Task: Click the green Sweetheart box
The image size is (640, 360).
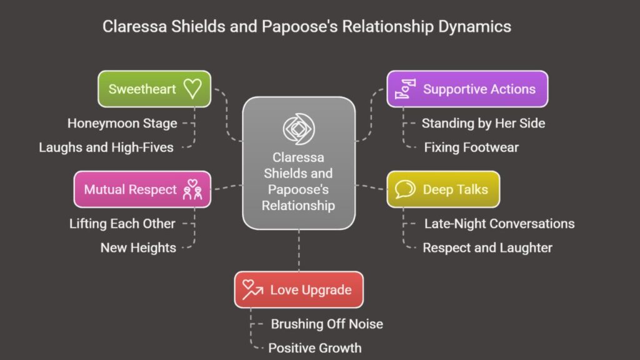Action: click(154, 89)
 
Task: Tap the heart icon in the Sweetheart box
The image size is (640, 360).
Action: click(192, 89)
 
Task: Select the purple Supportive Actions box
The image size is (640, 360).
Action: click(467, 89)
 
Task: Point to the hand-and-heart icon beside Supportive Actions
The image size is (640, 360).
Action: click(405, 89)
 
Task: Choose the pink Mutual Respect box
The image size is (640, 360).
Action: click(142, 189)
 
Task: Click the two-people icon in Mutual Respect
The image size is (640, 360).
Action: click(192, 189)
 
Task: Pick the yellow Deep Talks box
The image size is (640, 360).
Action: click(443, 189)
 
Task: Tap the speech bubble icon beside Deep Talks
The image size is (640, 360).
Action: click(405, 189)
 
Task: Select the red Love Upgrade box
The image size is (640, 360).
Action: click(299, 290)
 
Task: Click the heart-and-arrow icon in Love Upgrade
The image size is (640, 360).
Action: click(252, 290)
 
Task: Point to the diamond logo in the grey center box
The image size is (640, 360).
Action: click(299, 129)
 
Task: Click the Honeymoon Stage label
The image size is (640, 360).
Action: click(122, 123)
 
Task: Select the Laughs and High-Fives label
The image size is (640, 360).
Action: click(106, 147)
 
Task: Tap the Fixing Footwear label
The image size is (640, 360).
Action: click(471, 147)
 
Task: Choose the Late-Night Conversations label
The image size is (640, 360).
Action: click(499, 224)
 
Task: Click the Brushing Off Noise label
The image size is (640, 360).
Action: click(327, 324)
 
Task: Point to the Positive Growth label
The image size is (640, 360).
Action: click(315, 348)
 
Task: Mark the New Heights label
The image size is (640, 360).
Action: click(138, 247)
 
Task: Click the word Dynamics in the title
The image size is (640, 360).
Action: click(475, 26)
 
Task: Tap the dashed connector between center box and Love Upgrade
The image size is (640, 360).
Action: click(299, 251)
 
